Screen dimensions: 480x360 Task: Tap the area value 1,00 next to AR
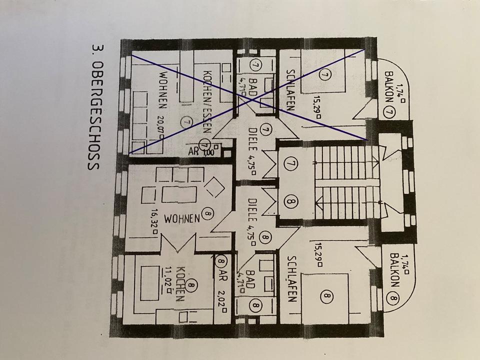click(x=208, y=153)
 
